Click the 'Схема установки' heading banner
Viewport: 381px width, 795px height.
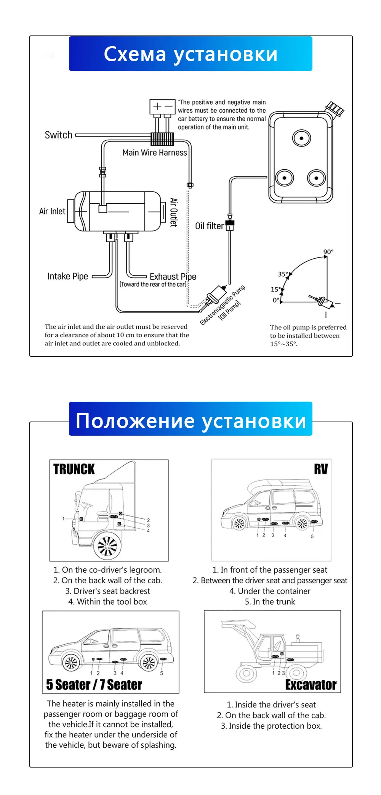click(190, 54)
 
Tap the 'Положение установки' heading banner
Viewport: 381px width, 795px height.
click(190, 420)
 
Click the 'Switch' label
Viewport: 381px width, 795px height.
click(58, 135)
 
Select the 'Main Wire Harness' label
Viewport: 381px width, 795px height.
click(155, 153)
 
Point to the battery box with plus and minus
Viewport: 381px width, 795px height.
click(162, 106)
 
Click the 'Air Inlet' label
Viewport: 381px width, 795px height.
click(52, 211)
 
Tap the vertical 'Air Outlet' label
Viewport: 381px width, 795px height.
click(173, 212)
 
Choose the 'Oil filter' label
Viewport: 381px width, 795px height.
click(209, 226)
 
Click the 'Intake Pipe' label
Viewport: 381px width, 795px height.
click(67, 276)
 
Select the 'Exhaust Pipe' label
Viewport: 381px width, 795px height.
click(173, 277)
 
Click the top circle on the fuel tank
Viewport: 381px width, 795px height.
click(301, 138)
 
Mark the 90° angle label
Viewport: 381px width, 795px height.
click(328, 252)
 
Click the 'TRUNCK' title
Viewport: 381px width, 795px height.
click(74, 469)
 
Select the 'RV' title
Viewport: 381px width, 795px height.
click(321, 469)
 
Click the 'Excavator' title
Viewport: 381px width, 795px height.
click(311, 685)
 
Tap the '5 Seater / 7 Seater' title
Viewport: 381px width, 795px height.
click(94, 685)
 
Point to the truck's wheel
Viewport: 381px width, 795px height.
click(108, 546)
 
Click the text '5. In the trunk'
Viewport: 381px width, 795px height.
click(270, 602)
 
